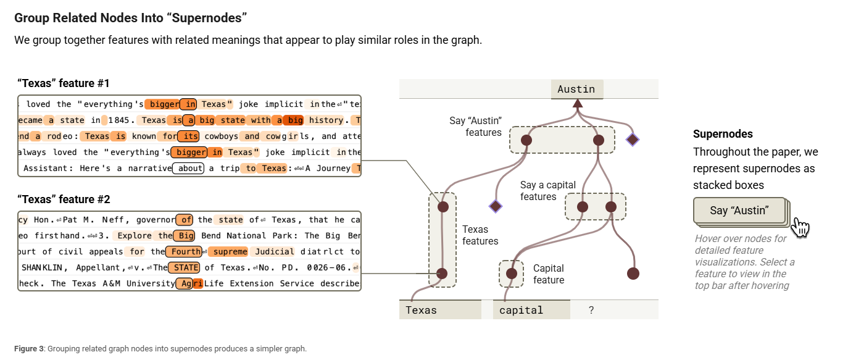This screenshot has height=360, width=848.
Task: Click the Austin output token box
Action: click(x=576, y=90)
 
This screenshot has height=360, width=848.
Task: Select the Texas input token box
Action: click(x=440, y=310)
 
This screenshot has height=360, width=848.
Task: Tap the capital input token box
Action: click(x=531, y=310)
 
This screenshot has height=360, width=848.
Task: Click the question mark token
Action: click(x=591, y=310)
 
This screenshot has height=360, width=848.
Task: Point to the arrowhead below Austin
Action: click(x=578, y=103)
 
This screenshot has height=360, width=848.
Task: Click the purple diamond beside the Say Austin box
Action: click(x=632, y=140)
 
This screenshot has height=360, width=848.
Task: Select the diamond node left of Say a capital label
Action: click(x=495, y=206)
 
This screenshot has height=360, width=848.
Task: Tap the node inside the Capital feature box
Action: click(x=511, y=274)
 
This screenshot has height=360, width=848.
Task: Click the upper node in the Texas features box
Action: click(x=443, y=207)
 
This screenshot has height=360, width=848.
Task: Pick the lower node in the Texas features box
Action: click(x=442, y=274)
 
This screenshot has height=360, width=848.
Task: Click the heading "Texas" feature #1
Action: click(x=64, y=83)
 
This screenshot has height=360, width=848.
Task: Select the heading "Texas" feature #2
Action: click(x=64, y=199)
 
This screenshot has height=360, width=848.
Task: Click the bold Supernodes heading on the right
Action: click(x=723, y=134)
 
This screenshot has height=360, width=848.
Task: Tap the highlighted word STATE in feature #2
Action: click(x=186, y=267)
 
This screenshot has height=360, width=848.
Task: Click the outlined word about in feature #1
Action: click(x=188, y=168)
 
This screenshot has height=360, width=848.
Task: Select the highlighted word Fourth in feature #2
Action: click(x=186, y=251)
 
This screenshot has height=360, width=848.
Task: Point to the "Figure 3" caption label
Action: click(x=29, y=349)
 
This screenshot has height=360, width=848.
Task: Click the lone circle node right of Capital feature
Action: click(x=633, y=274)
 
